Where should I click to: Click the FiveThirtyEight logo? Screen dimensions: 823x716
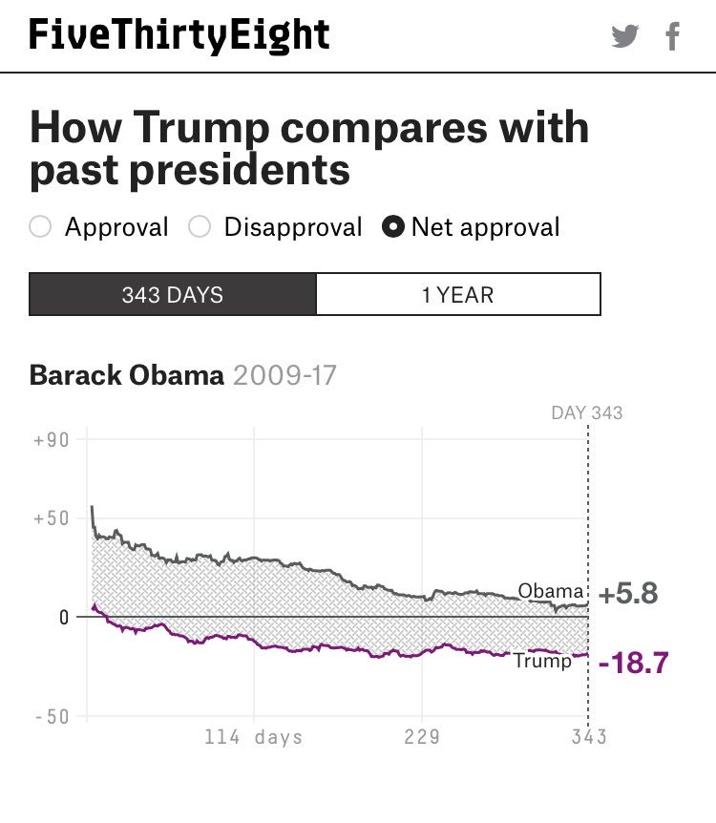pyautogui.click(x=179, y=35)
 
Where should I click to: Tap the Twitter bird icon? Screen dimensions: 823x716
pyautogui.click(x=625, y=37)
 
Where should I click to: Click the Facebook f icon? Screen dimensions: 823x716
pyautogui.click(x=673, y=37)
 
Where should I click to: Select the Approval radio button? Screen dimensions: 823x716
pyautogui.click(x=40, y=227)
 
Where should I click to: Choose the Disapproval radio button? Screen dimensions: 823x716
pyautogui.click(x=200, y=227)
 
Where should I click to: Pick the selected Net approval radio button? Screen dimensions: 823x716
pyautogui.click(x=391, y=227)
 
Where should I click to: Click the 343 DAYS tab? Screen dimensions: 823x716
pyautogui.click(x=172, y=294)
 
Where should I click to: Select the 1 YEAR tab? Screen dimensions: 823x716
pyautogui.click(x=458, y=294)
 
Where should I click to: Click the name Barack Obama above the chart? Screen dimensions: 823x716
pyautogui.click(x=126, y=374)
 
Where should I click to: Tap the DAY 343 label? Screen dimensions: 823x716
pyautogui.click(x=587, y=412)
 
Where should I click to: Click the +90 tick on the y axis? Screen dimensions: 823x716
pyautogui.click(x=51, y=440)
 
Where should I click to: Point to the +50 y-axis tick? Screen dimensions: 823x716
pyautogui.click(x=51, y=518)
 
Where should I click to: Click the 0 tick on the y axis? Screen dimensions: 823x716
pyautogui.click(x=63, y=617)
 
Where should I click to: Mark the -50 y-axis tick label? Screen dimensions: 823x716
pyautogui.click(x=51, y=716)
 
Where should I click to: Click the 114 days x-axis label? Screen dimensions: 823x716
pyautogui.click(x=254, y=737)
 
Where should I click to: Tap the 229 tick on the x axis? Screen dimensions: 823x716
pyautogui.click(x=421, y=737)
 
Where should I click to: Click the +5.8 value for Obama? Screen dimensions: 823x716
pyautogui.click(x=629, y=594)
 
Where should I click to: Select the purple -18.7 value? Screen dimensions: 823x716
pyautogui.click(x=632, y=663)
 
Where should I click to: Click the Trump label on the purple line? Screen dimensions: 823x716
pyautogui.click(x=542, y=661)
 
